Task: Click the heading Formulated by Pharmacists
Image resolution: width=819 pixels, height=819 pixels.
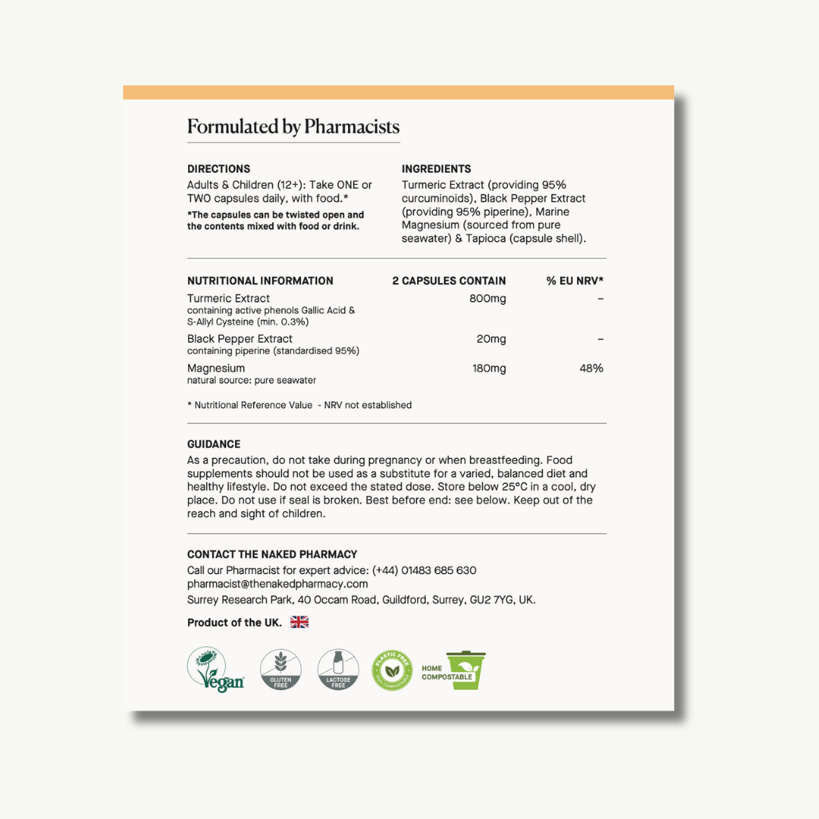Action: pos(293,127)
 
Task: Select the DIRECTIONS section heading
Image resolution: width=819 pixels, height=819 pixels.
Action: pos(218,169)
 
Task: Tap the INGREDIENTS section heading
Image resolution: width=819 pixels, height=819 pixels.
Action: pos(436,169)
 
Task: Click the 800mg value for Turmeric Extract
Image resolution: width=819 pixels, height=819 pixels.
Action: pos(488,299)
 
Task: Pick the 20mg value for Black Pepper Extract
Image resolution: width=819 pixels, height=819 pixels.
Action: pos(491,339)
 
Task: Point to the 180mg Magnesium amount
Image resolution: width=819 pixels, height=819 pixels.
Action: pos(488,369)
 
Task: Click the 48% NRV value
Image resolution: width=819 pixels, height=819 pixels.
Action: pos(591,369)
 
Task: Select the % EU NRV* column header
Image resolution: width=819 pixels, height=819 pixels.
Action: pos(575,281)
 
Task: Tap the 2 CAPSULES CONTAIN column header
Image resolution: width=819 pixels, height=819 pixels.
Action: pos(449,281)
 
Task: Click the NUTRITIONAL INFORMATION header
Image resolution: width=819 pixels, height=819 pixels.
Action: pos(260,281)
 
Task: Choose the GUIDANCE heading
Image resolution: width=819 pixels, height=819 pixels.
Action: pos(214,444)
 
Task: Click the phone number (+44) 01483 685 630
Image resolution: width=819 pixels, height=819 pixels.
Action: pos(424,570)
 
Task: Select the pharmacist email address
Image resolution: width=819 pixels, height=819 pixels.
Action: pos(278,584)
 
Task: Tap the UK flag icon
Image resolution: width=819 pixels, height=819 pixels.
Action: pos(300,623)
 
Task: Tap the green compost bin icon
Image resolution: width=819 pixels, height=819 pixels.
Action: pos(466,670)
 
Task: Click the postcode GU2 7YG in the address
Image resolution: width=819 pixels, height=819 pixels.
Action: pos(493,600)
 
